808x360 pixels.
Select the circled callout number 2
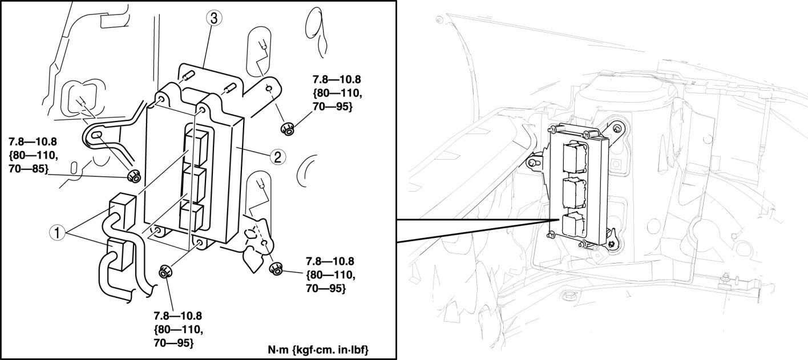coord(277,157)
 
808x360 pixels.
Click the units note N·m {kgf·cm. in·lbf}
coord(318,350)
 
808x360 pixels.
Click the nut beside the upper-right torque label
coord(288,128)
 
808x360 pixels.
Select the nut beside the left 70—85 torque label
coord(134,176)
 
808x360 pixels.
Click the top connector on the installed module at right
coord(575,157)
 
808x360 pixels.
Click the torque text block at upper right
coord(337,93)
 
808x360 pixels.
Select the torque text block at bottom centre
coord(178,329)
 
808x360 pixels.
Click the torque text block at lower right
coord(330,274)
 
